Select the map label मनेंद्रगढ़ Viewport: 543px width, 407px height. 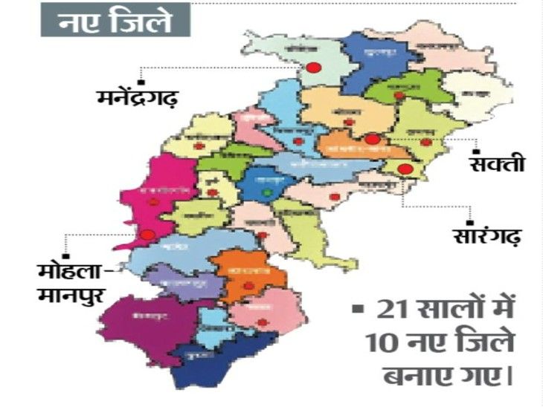(x=137, y=97)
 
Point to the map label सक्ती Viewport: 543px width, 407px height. (x=498, y=163)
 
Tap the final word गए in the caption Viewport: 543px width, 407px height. (x=484, y=375)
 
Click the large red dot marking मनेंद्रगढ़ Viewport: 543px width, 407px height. (x=313, y=68)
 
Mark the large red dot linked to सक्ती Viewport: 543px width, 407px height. (x=372, y=138)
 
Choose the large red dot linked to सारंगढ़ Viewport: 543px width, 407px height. (x=405, y=169)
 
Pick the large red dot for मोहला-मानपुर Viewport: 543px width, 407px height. (x=147, y=235)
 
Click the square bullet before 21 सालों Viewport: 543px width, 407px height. (x=357, y=307)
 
